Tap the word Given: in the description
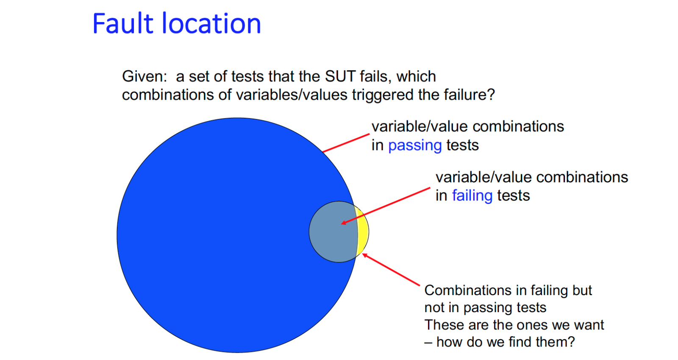(x=144, y=76)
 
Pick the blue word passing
(x=415, y=145)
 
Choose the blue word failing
(x=472, y=195)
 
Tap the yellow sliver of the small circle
(x=363, y=232)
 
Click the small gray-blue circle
(x=333, y=232)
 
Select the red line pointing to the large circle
(x=346, y=142)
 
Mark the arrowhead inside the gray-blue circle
(x=344, y=223)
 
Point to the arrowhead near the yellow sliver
(x=365, y=256)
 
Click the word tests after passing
(x=463, y=145)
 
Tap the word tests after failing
(x=514, y=195)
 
